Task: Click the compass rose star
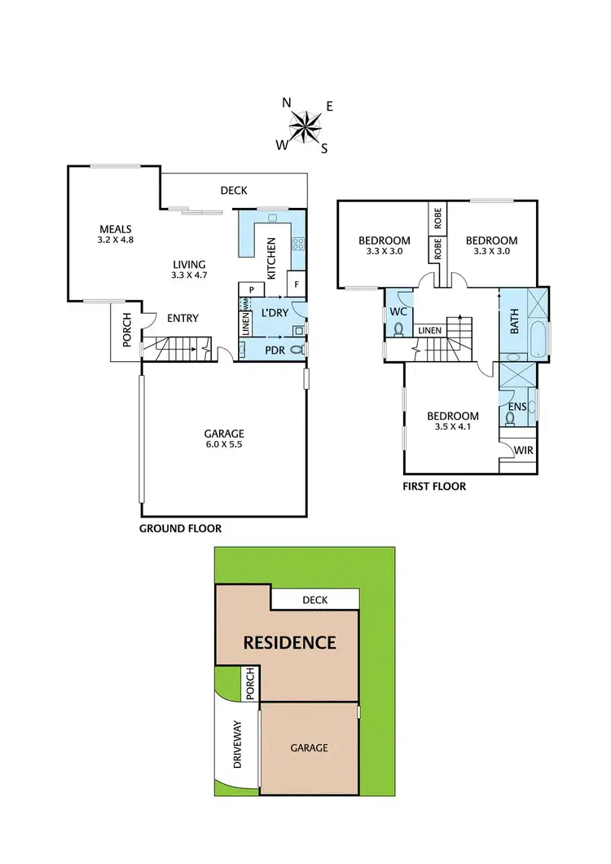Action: tap(305, 126)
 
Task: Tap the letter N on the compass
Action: tap(286, 103)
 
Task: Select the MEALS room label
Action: tap(116, 229)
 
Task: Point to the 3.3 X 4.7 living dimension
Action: tap(189, 276)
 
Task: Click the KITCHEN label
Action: tap(272, 257)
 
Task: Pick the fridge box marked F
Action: tap(297, 285)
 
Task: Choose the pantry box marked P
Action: tap(252, 289)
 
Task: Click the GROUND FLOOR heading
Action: tap(181, 528)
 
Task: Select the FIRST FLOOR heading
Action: tap(434, 487)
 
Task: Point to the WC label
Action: tap(398, 312)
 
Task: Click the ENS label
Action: tap(517, 407)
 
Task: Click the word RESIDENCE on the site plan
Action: tap(291, 642)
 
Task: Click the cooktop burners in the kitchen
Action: tap(297, 242)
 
